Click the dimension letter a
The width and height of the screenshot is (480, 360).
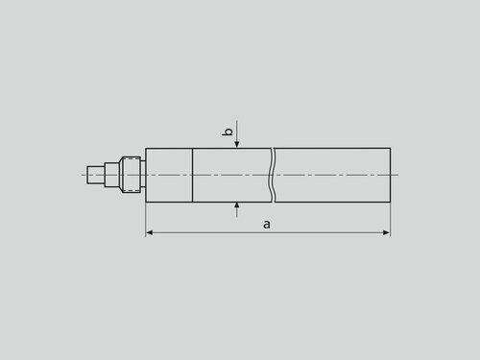(x=267, y=225)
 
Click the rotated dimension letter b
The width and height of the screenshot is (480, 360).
(x=228, y=132)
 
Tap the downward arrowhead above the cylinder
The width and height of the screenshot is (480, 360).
(x=237, y=144)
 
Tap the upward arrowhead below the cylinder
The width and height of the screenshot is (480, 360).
(x=237, y=205)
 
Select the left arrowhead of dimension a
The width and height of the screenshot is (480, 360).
(x=150, y=232)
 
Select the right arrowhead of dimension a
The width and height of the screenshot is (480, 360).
(x=387, y=232)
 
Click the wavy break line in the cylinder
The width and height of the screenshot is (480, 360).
(x=273, y=175)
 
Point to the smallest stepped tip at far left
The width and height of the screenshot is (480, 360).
(x=95, y=175)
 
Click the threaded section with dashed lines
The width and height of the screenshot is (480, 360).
(x=132, y=175)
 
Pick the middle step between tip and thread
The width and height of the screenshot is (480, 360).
(x=111, y=175)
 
